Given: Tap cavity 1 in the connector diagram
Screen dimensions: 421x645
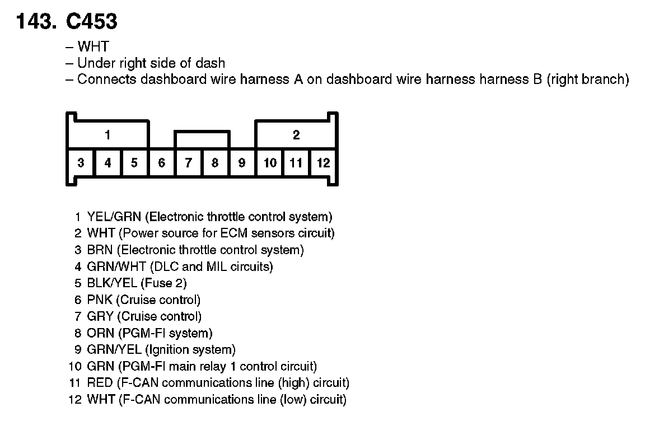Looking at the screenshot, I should (107, 135).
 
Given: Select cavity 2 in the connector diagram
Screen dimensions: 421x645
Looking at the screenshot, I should (296, 135).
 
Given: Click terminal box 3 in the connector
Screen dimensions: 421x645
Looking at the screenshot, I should (81, 163).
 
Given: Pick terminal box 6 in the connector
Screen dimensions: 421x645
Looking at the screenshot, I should (162, 163).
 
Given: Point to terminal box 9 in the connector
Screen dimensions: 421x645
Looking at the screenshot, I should (242, 163).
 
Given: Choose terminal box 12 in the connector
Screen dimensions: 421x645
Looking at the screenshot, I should (323, 163).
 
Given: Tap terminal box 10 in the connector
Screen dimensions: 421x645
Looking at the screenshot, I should (270, 163).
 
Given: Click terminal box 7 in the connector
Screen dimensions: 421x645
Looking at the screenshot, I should (189, 163).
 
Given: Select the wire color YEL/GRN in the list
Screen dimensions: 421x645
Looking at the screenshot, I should (114, 217).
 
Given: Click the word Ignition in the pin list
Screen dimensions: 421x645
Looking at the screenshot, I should (169, 350).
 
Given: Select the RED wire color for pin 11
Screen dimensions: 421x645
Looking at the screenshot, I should (100, 383).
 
